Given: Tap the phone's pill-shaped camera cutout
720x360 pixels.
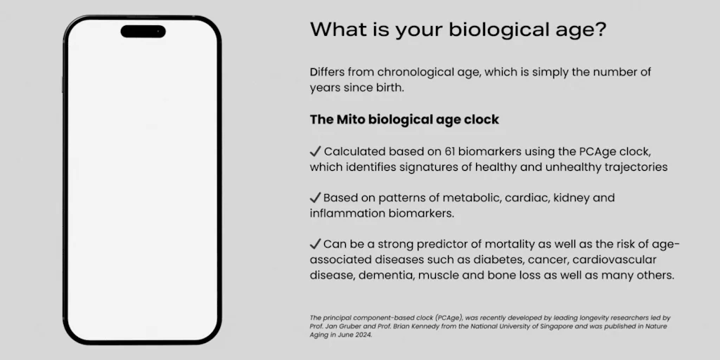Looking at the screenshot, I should point(143,32).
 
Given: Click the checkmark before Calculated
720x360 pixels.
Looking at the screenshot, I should point(315,152).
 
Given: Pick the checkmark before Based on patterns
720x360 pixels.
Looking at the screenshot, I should point(315,198).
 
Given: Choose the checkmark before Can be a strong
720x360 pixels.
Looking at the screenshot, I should point(315,244).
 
